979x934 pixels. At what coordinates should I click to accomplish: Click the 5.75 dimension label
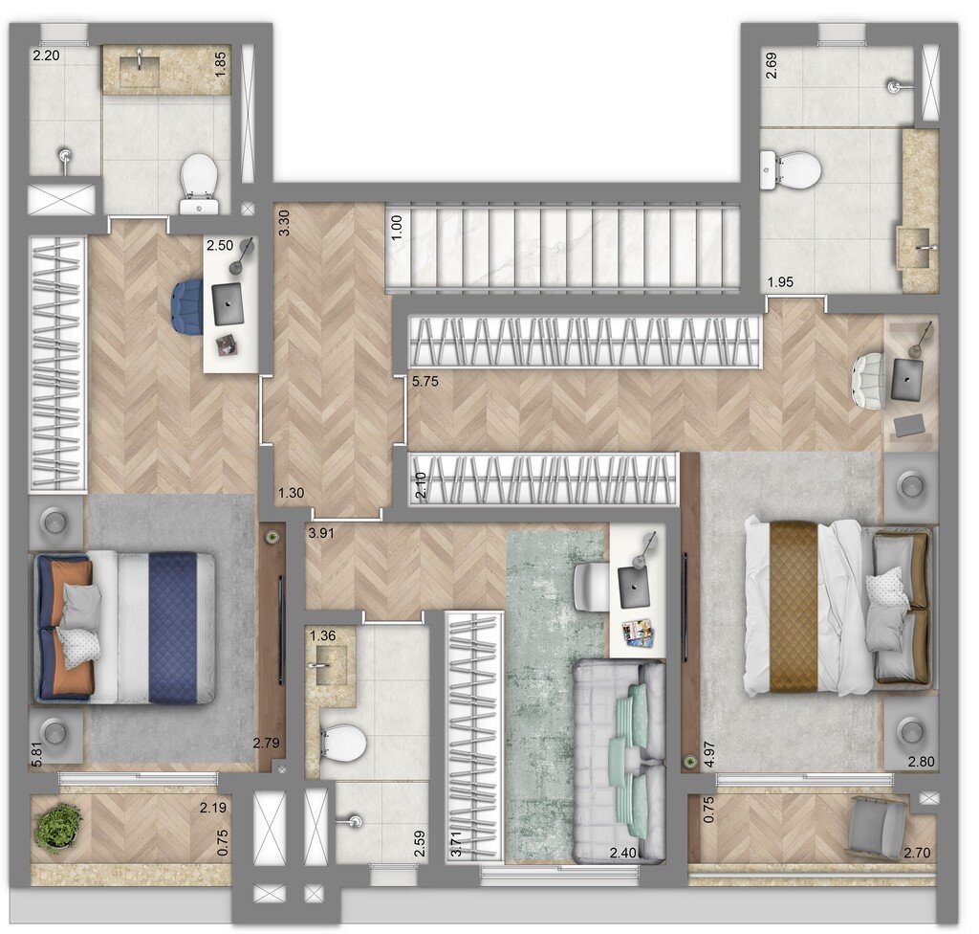click(424, 381)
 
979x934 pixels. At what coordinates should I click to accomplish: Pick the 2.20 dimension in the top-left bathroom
click(45, 56)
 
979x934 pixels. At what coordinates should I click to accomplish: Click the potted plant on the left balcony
click(58, 826)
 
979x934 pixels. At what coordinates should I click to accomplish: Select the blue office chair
click(189, 306)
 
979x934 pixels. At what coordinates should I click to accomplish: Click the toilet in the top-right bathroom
click(792, 170)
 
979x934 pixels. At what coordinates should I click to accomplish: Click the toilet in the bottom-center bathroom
click(343, 742)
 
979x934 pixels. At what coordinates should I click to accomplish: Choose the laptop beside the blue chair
click(228, 303)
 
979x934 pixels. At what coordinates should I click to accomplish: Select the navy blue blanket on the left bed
click(173, 627)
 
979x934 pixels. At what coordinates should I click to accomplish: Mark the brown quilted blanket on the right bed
click(794, 606)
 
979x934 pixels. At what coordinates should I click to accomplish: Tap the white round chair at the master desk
click(870, 381)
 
